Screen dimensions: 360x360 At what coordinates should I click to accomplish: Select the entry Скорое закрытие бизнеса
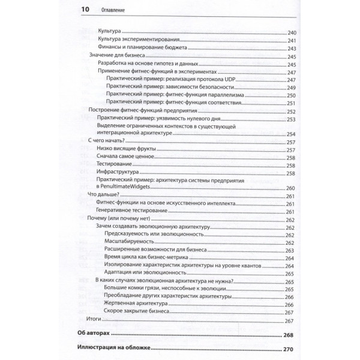(136, 312)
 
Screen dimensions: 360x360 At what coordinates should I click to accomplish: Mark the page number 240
(292, 31)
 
